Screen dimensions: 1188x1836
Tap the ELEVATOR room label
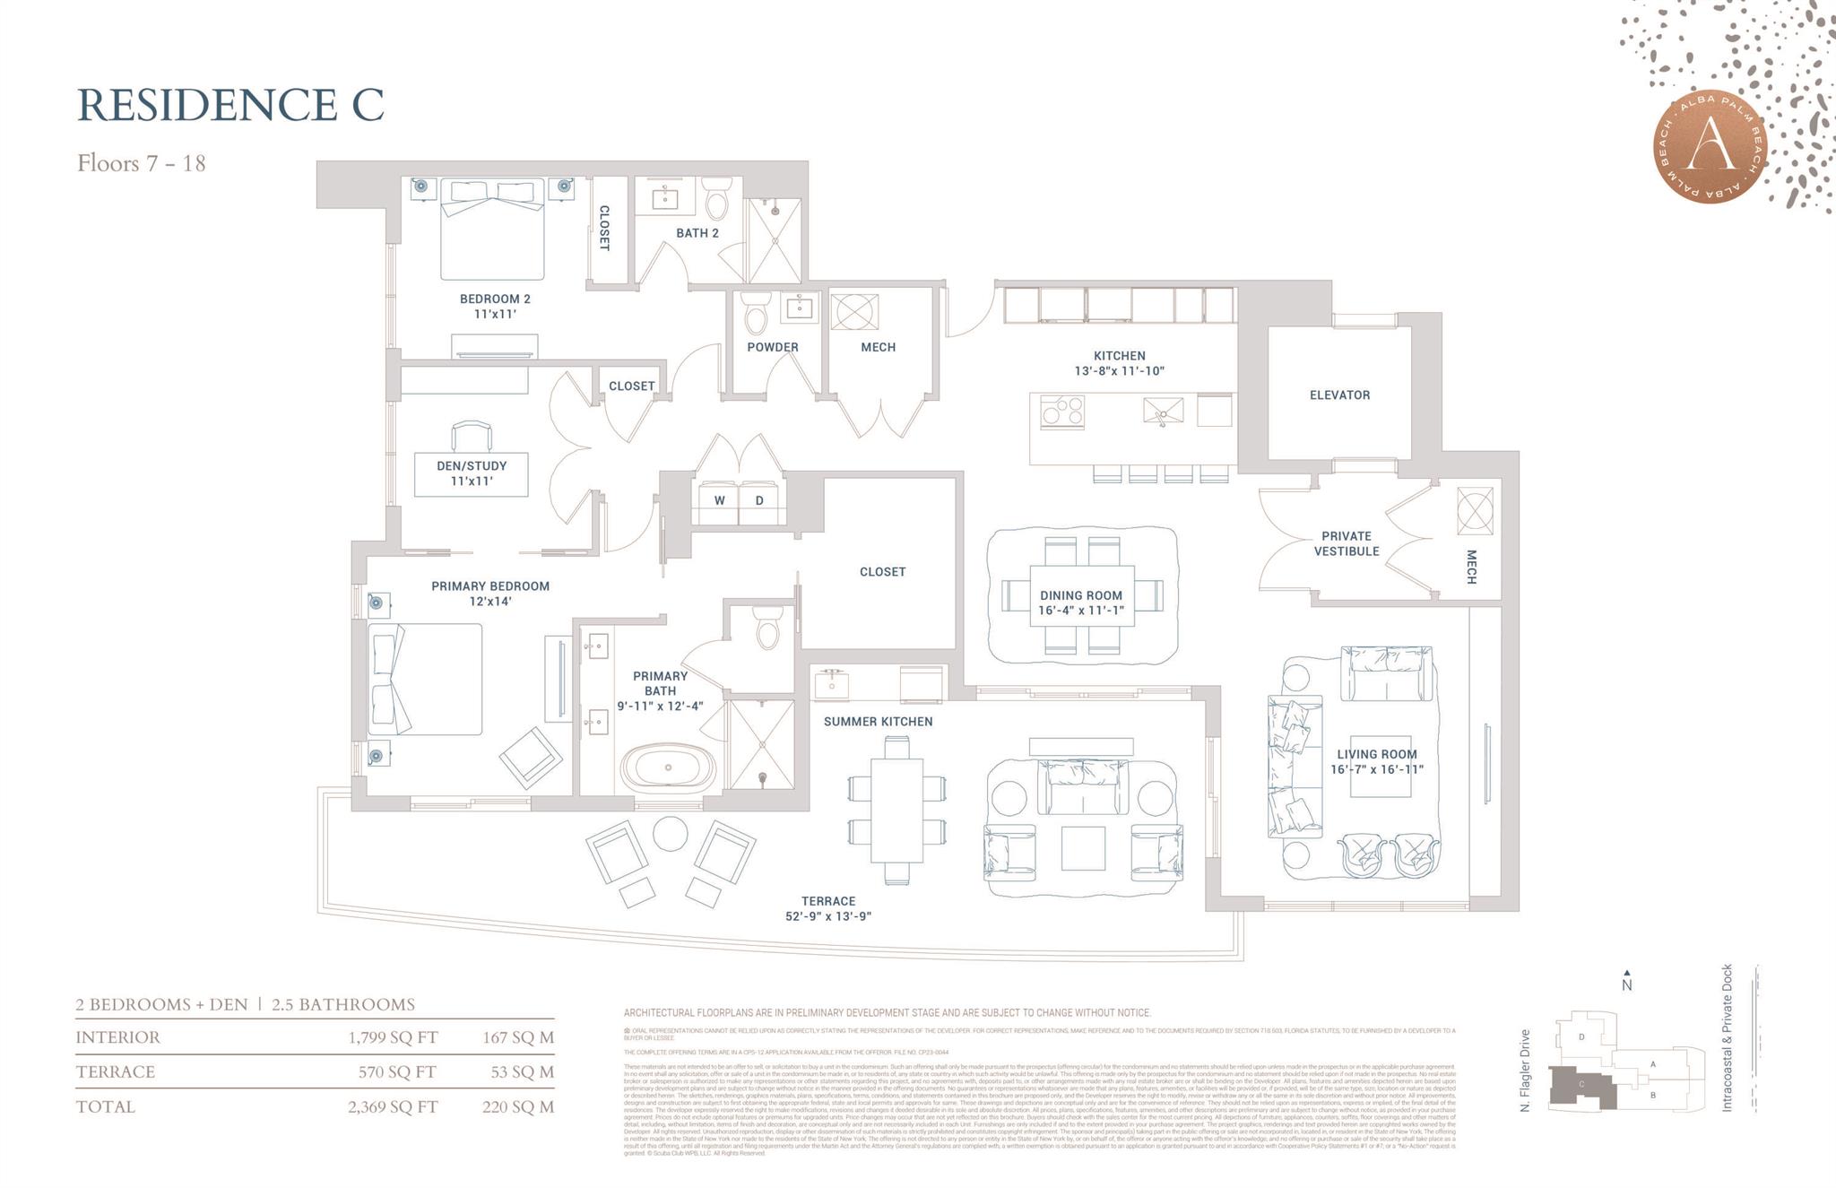pyautogui.click(x=1339, y=395)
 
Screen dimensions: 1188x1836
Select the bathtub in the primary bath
pyautogui.click(x=667, y=768)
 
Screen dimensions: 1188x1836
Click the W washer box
pyautogui.click(x=719, y=501)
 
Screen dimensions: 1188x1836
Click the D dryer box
pyautogui.click(x=759, y=501)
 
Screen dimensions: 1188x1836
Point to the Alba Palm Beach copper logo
pyautogui.click(x=1711, y=148)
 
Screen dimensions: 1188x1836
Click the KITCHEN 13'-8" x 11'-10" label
pyautogui.click(x=1119, y=363)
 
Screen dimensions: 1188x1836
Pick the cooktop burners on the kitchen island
pyautogui.click(x=1062, y=412)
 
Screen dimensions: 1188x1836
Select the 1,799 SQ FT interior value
pyautogui.click(x=393, y=1037)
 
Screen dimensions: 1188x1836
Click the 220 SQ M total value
pyautogui.click(x=518, y=1106)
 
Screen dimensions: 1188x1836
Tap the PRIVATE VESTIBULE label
pyautogui.click(x=1346, y=543)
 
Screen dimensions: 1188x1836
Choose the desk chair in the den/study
pyautogui.click(x=472, y=436)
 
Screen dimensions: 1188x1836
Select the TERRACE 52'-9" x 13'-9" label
pyautogui.click(x=827, y=908)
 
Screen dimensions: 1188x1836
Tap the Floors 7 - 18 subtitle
pyautogui.click(x=142, y=163)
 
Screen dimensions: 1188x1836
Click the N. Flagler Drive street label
pyautogui.click(x=1525, y=1071)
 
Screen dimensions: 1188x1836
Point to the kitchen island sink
pyautogui.click(x=1163, y=412)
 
